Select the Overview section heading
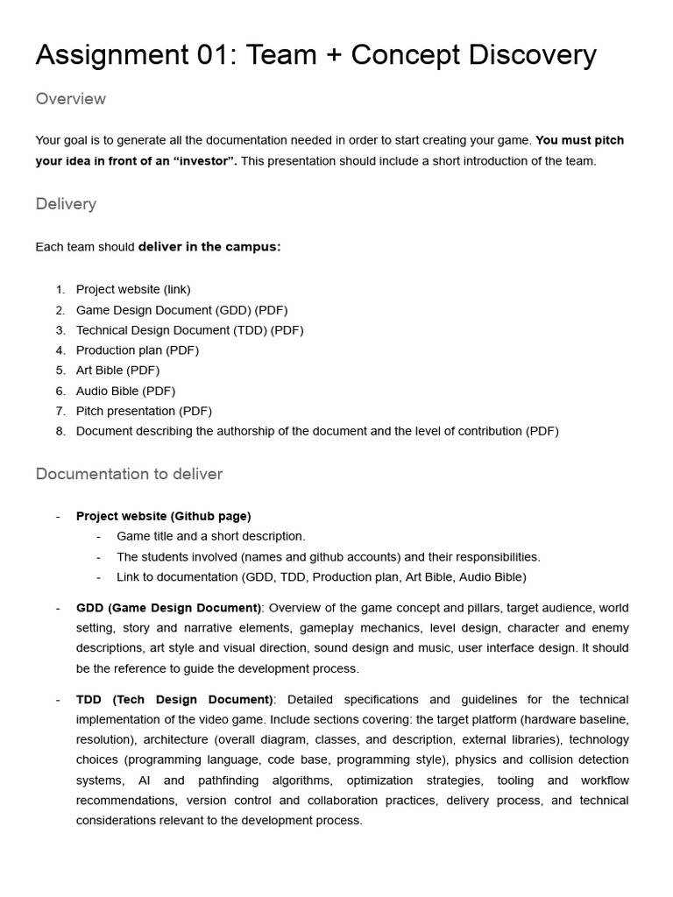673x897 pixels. pos(70,99)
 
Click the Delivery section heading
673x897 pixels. pos(66,204)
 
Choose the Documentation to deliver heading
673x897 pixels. pos(129,474)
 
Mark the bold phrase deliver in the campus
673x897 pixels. pos(209,247)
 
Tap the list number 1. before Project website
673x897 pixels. pos(60,289)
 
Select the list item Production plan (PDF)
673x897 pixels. pos(138,350)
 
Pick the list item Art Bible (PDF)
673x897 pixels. pos(117,371)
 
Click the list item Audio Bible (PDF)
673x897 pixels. pos(125,391)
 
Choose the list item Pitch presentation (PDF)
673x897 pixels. pos(144,411)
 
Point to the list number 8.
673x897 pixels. pos(60,431)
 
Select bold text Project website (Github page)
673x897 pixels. pos(163,516)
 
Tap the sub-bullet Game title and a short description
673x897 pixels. pos(211,536)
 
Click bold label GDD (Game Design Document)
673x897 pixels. pos(168,608)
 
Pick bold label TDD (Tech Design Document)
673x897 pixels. pos(175,699)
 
